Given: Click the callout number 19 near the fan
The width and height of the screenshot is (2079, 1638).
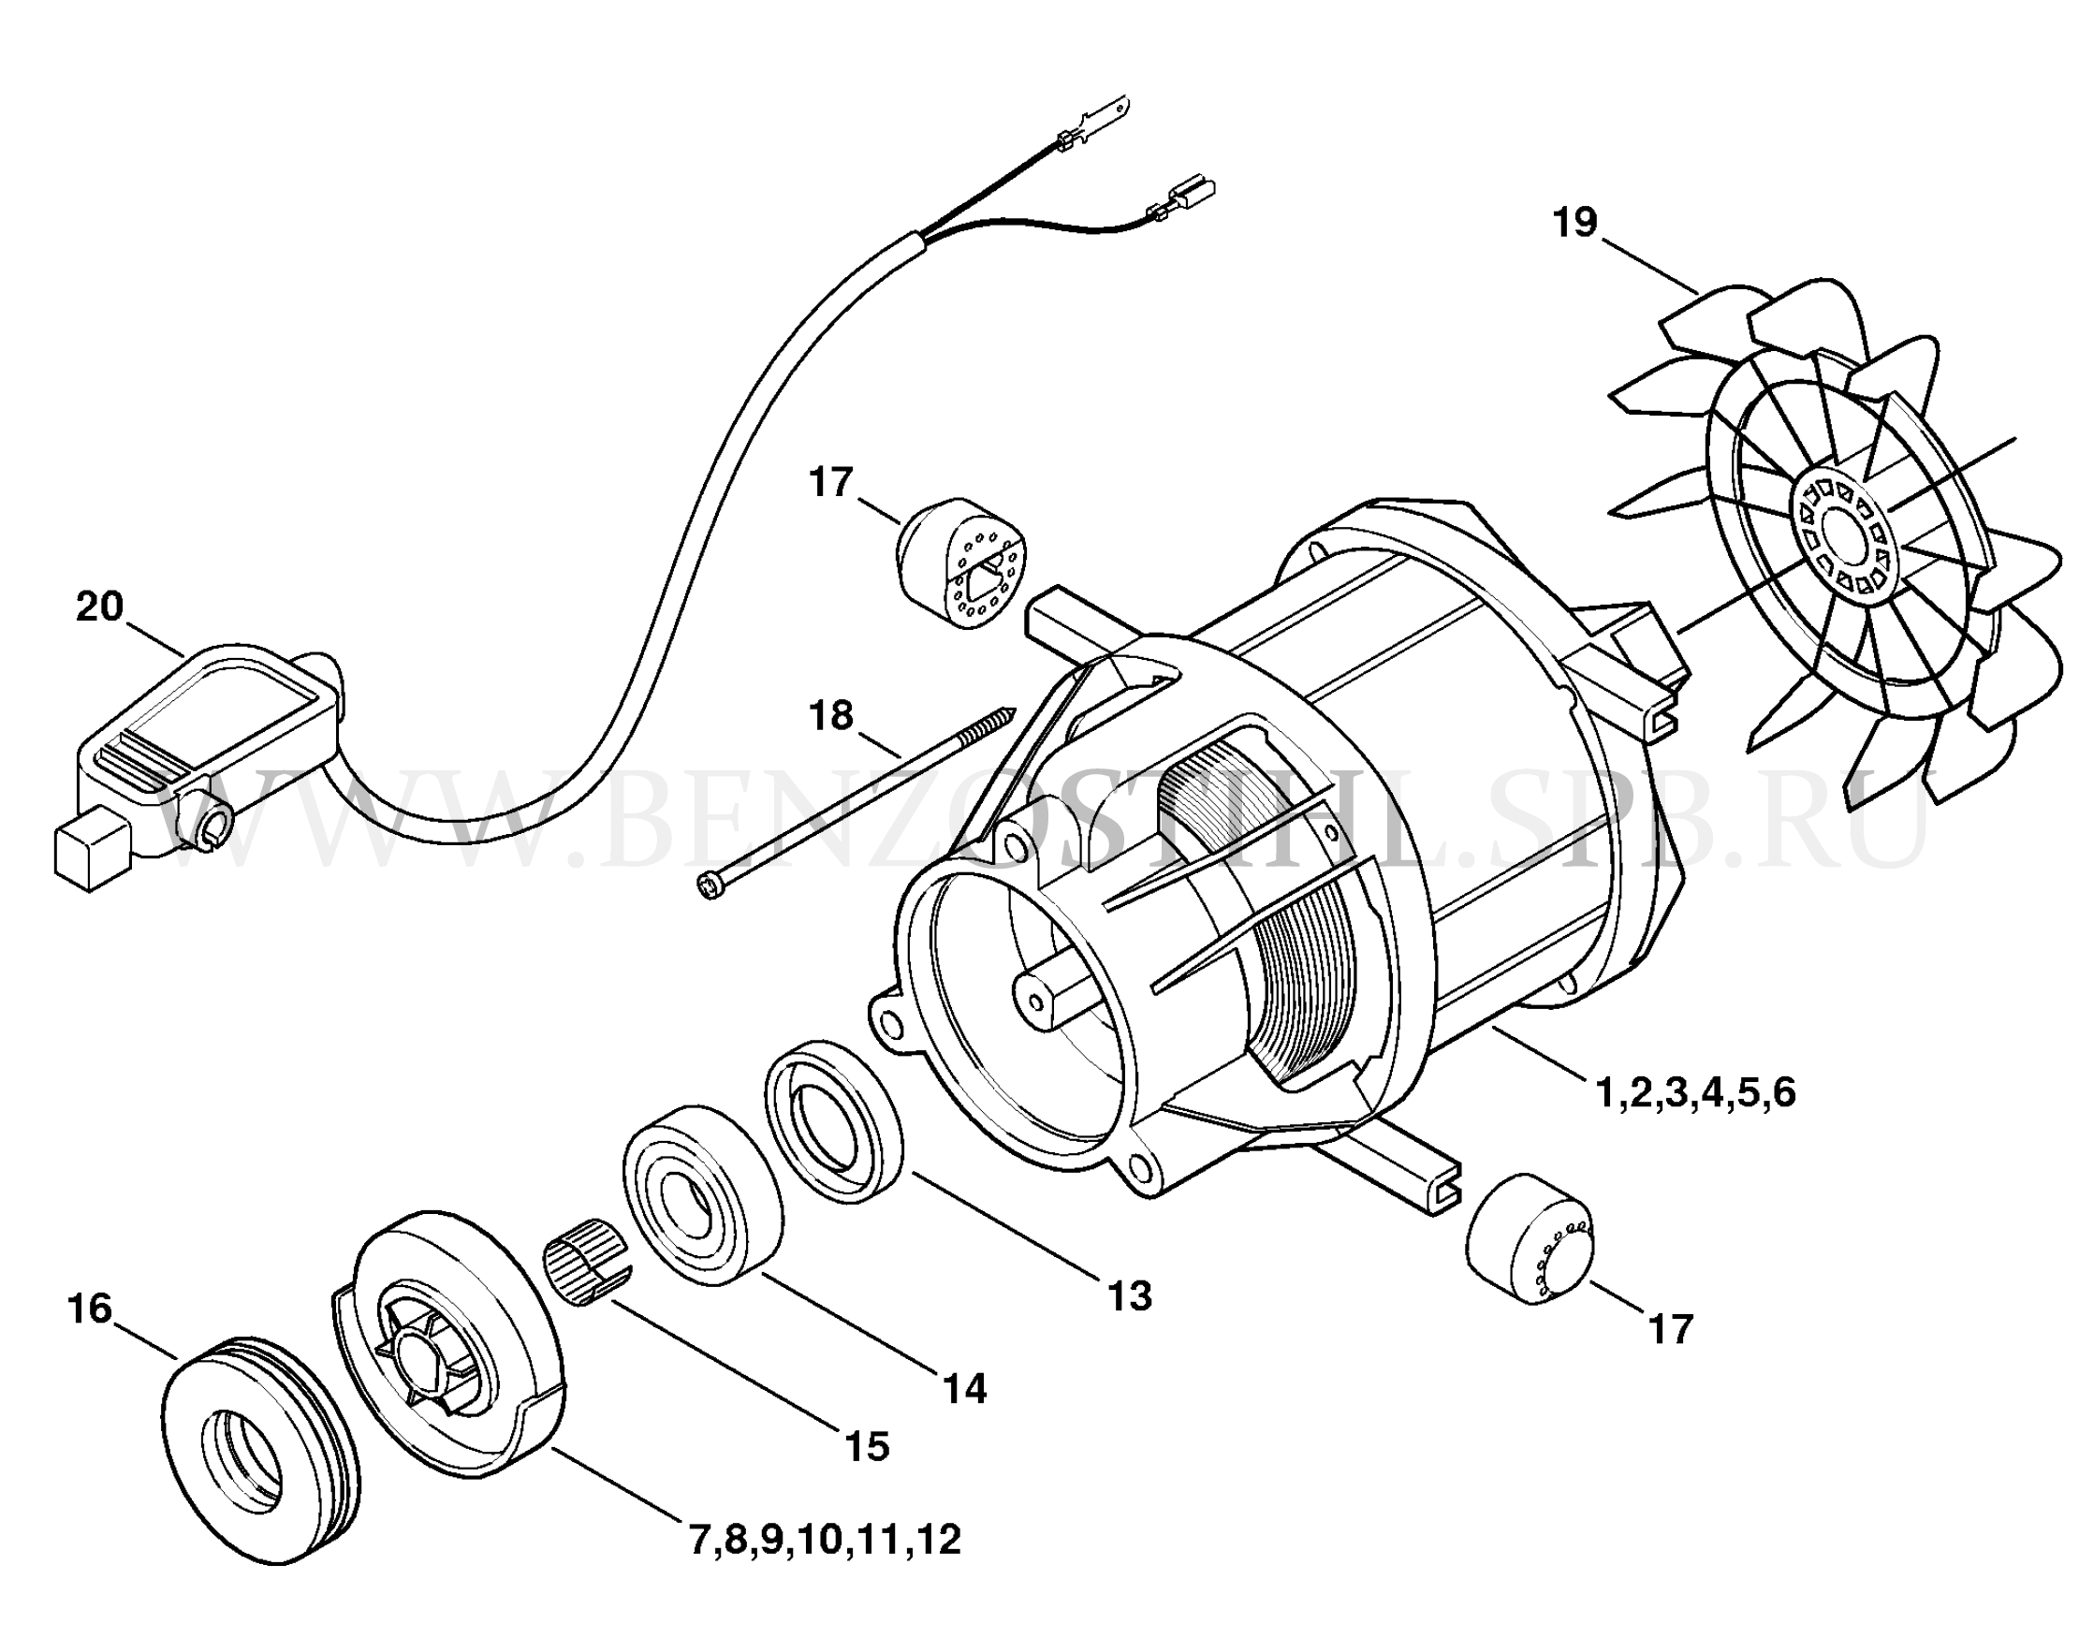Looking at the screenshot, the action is pos(1575,223).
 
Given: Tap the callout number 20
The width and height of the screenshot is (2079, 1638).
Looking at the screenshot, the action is pos(100,607).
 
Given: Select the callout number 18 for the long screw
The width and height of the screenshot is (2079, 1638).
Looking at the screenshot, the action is pos(830,714).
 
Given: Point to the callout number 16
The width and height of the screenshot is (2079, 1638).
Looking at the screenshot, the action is pos(90,1309).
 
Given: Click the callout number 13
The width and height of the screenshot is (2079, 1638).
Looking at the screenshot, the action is pos(1130,1296).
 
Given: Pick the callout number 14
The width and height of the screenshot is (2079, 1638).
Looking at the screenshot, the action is pos(964,1388).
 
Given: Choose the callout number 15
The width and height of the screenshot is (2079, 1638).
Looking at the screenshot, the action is pos(867,1446).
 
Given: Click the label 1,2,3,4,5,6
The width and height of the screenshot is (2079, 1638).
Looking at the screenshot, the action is pos(1695,1093).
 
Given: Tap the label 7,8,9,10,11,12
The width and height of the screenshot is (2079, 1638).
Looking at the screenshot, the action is pos(825,1540).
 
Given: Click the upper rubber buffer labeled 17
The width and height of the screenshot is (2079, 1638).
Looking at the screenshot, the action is pos(959,564).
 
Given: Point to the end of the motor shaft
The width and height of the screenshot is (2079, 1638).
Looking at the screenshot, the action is pos(1034,1001).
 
